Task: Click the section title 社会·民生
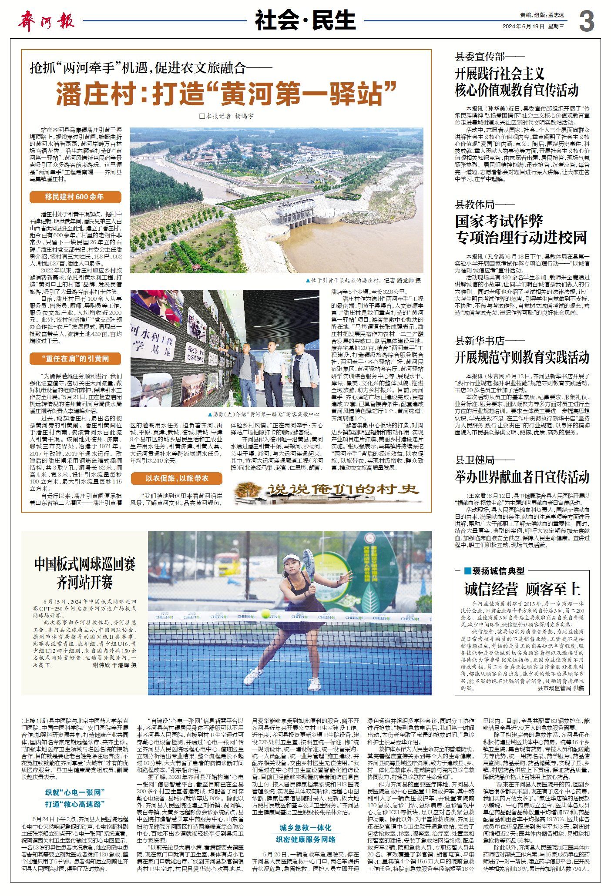click(305, 20)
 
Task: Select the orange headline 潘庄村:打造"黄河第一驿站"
click(226, 93)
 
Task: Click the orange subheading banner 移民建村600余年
click(75, 197)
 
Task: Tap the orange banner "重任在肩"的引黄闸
click(75, 359)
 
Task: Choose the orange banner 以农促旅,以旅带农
click(177, 478)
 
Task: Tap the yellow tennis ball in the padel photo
click(265, 614)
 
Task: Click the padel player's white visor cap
click(291, 558)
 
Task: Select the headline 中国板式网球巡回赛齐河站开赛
click(85, 573)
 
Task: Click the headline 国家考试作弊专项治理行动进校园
click(521, 229)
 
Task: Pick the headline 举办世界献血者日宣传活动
click(522, 477)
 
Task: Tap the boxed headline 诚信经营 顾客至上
click(522, 589)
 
